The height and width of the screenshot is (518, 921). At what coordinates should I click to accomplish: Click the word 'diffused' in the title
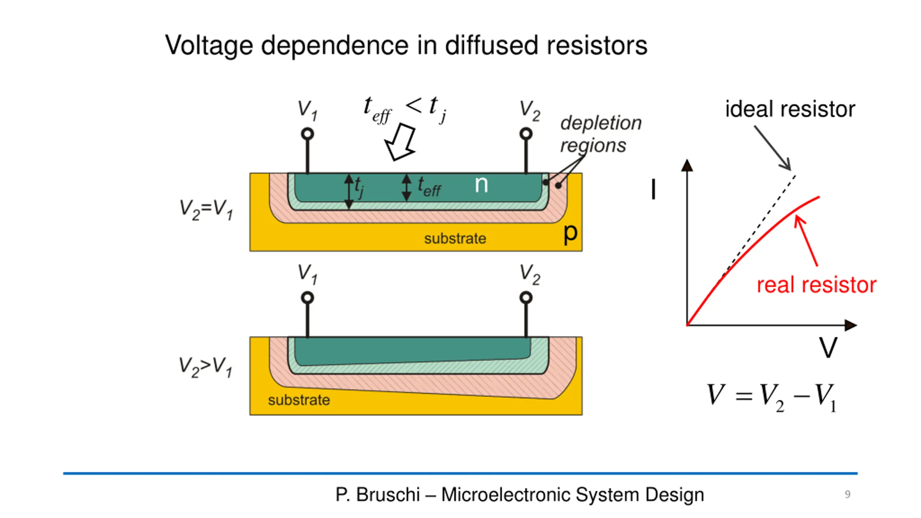click(492, 46)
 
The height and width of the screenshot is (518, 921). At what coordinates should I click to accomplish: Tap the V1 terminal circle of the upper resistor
click(307, 134)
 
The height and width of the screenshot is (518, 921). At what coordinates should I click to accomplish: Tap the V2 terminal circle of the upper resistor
click(526, 134)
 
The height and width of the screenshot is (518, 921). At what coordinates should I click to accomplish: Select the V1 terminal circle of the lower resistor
click(307, 298)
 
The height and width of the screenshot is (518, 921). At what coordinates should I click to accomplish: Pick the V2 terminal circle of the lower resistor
click(526, 298)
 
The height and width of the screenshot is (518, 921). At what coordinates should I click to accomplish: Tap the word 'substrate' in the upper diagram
click(455, 238)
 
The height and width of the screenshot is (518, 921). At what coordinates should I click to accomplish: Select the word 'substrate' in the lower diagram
click(299, 400)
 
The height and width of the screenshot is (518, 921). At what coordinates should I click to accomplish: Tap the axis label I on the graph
click(653, 190)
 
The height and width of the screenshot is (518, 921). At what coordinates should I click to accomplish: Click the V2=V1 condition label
click(206, 209)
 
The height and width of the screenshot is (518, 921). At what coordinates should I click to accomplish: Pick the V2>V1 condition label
click(205, 367)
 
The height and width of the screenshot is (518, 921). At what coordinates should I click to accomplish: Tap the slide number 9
click(848, 494)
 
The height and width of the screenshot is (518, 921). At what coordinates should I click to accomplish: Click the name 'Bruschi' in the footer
click(388, 495)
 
